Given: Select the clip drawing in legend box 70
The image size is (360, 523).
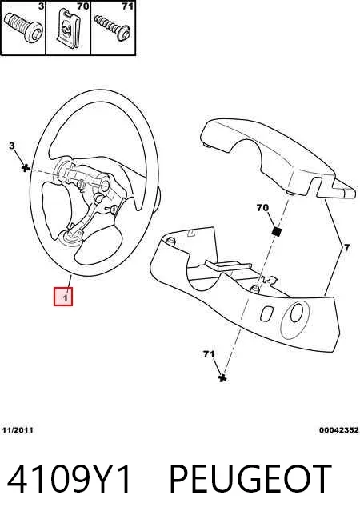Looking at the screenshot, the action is point(69,26).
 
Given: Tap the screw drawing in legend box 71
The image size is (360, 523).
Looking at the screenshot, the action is point(112,28).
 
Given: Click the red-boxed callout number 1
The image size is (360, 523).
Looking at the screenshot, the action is point(63,297).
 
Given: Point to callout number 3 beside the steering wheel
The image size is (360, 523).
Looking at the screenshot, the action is point(12,146).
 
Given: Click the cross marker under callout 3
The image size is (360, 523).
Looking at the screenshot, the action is point(25,167).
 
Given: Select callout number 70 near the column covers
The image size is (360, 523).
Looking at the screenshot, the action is point(262,207).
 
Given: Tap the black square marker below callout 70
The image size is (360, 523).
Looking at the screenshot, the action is point(276,231).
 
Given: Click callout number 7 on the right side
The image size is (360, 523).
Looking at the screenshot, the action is point(347,247).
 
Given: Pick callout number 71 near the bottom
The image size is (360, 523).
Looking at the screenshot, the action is point(209,354).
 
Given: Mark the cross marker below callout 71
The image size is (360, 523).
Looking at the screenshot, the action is point(222,378).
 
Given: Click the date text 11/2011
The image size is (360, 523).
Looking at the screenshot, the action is point(18,430).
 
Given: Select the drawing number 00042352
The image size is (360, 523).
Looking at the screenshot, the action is point(338,430).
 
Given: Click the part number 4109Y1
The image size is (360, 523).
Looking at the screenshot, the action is point(68,479).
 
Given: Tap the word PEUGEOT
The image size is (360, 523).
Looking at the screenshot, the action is point(250,479).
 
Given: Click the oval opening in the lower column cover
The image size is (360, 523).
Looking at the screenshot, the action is point(296,313).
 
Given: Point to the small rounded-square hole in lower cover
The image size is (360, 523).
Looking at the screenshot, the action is point(266,313).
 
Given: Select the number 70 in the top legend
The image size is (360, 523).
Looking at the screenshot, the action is point(82,6).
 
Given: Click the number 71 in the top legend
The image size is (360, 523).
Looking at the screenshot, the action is point(128,6).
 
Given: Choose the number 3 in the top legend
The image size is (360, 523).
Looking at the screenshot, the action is point(41,6).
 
